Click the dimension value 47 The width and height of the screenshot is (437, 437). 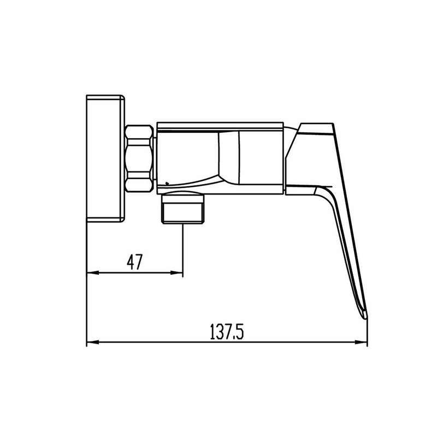134,262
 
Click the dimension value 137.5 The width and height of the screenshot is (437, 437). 227,331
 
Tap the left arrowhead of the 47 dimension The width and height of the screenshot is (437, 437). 93,273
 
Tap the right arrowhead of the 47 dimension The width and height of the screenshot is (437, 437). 176,273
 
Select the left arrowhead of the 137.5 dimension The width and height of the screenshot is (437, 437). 93,342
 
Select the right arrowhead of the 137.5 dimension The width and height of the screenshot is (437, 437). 361,342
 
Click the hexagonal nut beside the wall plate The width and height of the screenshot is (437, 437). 139,158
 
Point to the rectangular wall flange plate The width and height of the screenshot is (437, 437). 105,158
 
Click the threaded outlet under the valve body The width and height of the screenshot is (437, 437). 183,209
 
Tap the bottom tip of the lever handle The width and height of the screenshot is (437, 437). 365,317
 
